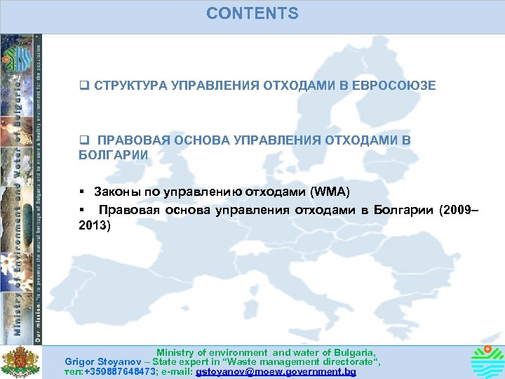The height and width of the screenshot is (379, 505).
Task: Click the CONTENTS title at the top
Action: (252, 14)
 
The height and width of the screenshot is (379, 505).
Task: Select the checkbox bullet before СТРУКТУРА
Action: (83, 86)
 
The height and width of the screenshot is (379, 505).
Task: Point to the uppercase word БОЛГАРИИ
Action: (113, 154)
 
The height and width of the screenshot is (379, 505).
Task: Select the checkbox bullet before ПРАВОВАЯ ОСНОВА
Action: (83, 140)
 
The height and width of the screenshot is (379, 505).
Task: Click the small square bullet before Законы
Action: (82, 192)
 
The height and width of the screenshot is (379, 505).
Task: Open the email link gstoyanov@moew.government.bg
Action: (276, 372)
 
